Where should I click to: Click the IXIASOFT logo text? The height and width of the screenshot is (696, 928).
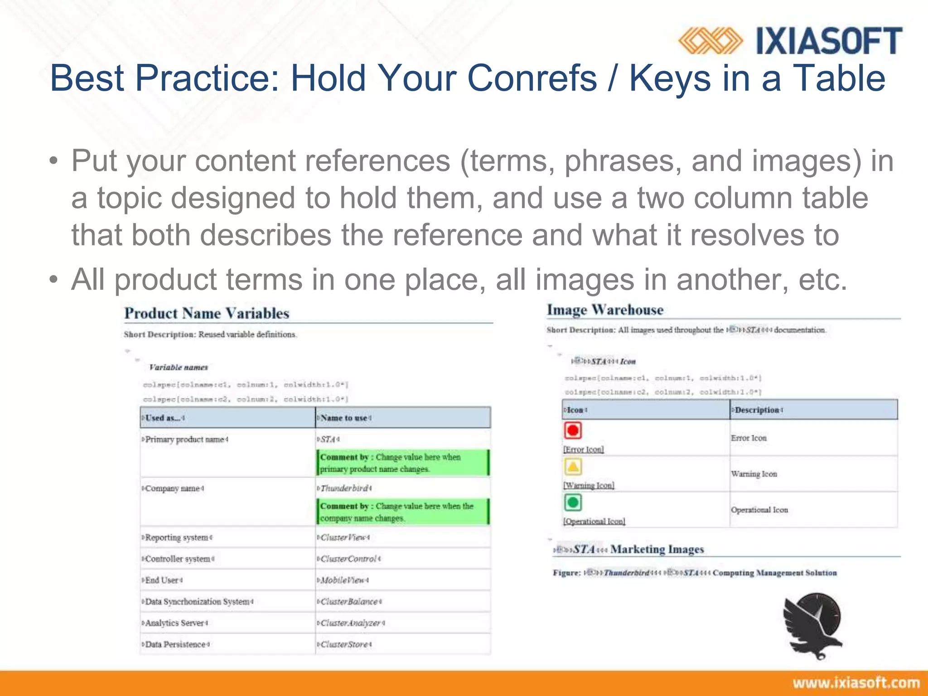coord(829,41)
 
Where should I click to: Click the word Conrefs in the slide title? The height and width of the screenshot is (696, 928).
coord(532,78)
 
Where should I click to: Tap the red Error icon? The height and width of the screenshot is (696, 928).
coord(573,430)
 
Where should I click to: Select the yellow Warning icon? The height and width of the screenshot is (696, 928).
coord(573,466)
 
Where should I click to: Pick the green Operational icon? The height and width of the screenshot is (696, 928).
coord(573,502)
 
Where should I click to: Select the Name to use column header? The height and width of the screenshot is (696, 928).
coord(344,418)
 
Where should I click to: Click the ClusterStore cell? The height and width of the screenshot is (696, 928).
coord(344,644)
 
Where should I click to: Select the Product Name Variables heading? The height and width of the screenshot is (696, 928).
coord(207,314)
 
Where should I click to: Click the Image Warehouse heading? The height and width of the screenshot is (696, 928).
coord(605,310)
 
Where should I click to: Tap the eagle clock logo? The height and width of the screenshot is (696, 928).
coord(813,625)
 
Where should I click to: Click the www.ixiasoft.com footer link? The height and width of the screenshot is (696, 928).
coord(856,683)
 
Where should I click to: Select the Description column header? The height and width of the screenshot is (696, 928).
coord(757,410)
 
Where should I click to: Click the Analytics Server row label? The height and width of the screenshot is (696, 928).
coord(175,623)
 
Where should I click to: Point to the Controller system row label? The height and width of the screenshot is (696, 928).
coord(178,559)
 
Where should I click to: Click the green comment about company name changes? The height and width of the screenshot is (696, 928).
coord(402,512)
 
